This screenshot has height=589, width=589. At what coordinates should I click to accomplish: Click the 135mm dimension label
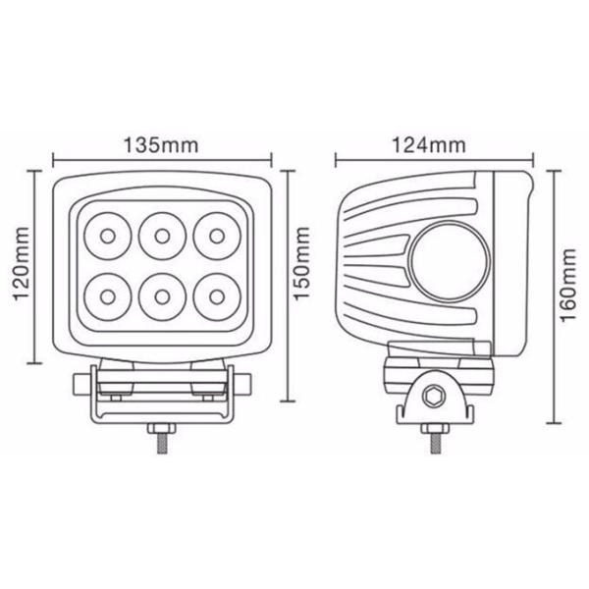[x=161, y=145]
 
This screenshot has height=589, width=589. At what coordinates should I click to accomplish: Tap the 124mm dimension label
[x=429, y=145]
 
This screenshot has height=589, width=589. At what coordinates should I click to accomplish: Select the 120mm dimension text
[x=22, y=263]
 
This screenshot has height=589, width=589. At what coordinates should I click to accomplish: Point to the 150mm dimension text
[x=301, y=263]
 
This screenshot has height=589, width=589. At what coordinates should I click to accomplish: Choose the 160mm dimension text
[x=568, y=285]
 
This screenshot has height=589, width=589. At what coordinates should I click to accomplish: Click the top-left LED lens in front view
[x=108, y=237]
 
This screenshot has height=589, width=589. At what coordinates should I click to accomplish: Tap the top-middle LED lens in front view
[x=162, y=237]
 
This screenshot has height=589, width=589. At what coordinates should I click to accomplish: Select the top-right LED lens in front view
[x=217, y=237]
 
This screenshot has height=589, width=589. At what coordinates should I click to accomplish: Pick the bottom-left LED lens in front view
[x=108, y=297]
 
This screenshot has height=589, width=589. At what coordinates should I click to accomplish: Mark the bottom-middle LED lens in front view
[x=162, y=297]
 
